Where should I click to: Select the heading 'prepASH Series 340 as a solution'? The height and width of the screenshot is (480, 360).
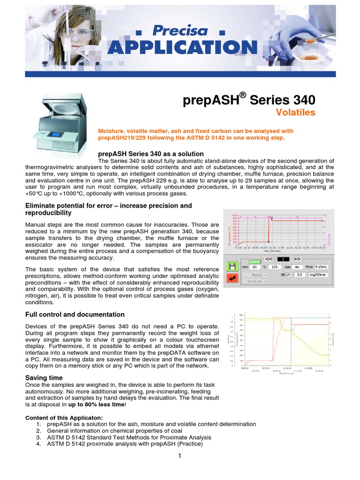click(150, 154)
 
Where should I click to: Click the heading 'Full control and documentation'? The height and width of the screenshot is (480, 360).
click(75, 315)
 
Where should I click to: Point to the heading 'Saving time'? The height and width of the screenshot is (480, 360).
click(44, 378)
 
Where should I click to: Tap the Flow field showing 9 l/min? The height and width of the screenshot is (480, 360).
click(322, 267)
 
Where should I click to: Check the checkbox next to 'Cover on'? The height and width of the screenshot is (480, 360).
click(265, 281)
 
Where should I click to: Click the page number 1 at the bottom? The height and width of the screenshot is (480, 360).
click(179, 457)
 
